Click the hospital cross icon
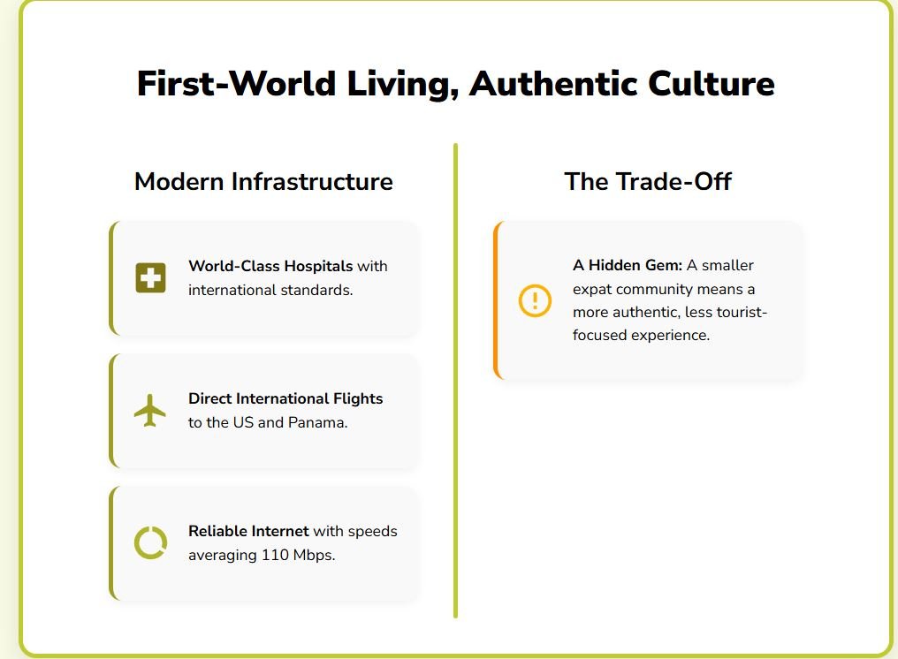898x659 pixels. click(150, 277)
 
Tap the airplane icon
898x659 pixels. click(150, 410)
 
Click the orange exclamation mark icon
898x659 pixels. click(535, 300)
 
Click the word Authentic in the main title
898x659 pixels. click(553, 83)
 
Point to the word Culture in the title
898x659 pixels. click(712, 83)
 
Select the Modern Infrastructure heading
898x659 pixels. click(263, 181)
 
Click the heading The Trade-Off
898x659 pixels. click(648, 181)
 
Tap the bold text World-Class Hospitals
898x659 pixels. click(270, 266)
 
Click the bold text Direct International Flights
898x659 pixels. click(285, 398)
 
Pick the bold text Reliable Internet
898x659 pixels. click(248, 531)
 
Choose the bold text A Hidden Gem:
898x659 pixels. click(628, 265)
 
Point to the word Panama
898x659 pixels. click(317, 422)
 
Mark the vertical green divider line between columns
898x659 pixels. click(455, 381)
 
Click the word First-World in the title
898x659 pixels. click(236, 83)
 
